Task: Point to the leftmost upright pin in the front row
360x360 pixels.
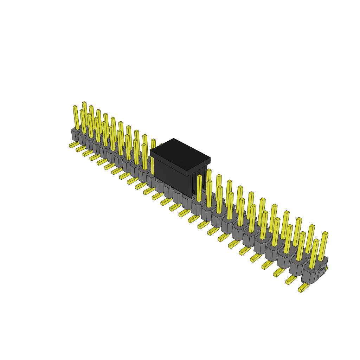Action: click(76, 118)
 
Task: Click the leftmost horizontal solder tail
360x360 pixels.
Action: click(74, 144)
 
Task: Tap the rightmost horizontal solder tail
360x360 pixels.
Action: click(303, 288)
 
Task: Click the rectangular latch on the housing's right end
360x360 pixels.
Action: click(321, 273)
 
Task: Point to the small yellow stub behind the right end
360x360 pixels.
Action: click(326, 269)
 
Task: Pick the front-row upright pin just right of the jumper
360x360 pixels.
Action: click(199, 188)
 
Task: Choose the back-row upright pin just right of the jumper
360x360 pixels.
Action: click(208, 181)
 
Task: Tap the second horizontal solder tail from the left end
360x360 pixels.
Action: click(81, 149)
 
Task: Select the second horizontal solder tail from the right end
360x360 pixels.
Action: click(291, 280)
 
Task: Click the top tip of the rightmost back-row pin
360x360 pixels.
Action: click(325, 233)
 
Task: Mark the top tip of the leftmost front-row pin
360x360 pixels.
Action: click(75, 107)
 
